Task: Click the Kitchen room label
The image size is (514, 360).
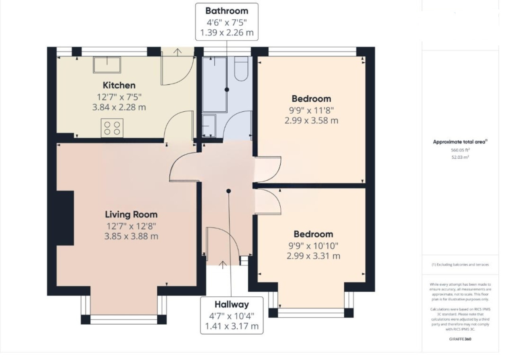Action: tap(119, 86)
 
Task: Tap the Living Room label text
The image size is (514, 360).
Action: tap(131, 215)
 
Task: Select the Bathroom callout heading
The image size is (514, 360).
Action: tap(227, 11)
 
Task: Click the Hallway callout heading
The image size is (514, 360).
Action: tap(232, 305)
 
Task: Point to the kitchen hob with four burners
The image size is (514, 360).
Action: tap(112, 128)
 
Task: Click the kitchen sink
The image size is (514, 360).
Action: tap(107, 65)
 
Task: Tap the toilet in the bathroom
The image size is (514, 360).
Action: tap(241, 69)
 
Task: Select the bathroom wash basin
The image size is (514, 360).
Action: tap(209, 126)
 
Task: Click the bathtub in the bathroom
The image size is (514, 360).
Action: tap(214, 84)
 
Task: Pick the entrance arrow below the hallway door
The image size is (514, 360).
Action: tap(222, 265)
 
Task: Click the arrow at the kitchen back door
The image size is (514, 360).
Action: tap(177, 52)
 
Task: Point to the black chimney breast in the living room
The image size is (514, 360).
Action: tap(65, 218)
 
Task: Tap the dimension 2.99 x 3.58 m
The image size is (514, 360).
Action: tap(311, 121)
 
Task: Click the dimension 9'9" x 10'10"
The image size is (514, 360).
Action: tap(314, 246)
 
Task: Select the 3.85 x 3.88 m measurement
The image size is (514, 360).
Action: tap(131, 236)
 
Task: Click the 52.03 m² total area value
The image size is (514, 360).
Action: tap(460, 157)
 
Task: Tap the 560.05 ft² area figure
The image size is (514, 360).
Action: tap(460, 150)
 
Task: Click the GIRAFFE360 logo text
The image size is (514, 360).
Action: tap(460, 339)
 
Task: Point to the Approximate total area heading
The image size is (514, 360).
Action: tap(460, 142)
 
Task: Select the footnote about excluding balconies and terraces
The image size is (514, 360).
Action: tap(460, 264)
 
